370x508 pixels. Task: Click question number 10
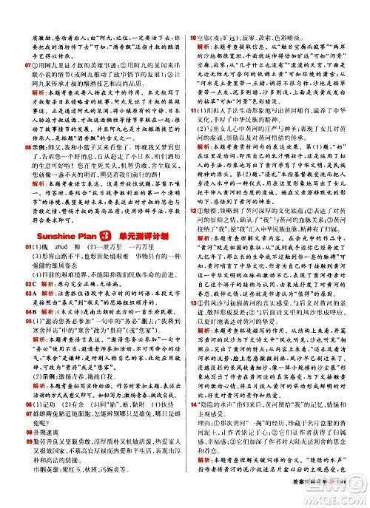point(194,12)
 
